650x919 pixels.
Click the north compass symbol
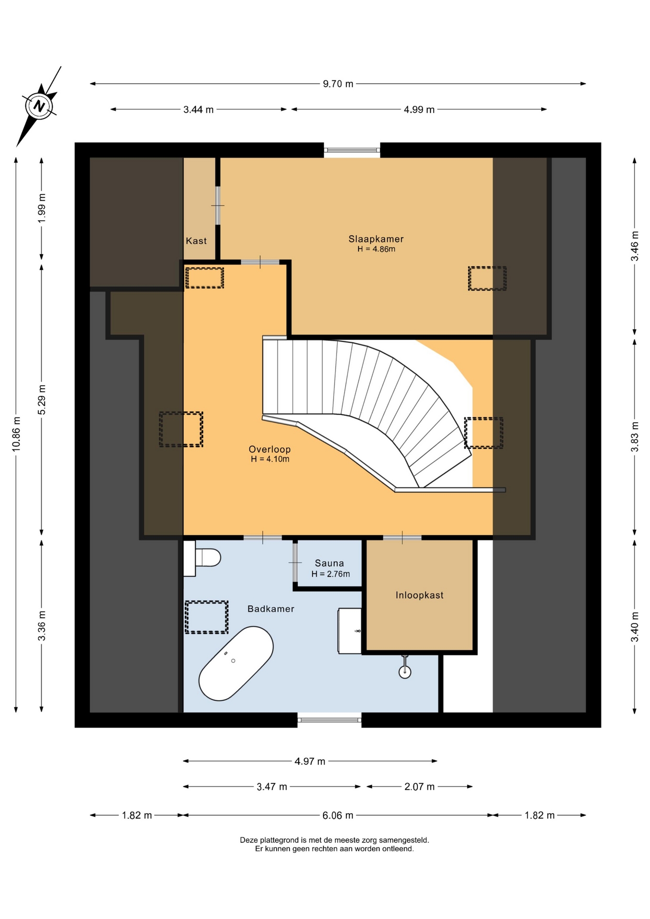(39, 106)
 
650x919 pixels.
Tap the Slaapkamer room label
(376, 239)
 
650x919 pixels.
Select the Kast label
(196, 241)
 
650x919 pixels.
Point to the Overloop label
(269, 449)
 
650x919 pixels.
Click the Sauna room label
(329, 563)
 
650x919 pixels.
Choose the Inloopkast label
(419, 595)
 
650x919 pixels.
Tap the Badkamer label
(271, 609)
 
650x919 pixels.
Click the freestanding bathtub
(236, 663)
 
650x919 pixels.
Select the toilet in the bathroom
(202, 558)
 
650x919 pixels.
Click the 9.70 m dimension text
(338, 84)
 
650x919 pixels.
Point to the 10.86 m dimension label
(16, 434)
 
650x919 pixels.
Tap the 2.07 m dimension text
(419, 786)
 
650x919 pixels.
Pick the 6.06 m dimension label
(338, 815)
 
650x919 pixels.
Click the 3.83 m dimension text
(635, 437)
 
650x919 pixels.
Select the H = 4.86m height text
(376, 249)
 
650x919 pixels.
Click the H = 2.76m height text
(331, 574)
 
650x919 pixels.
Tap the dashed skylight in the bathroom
(206, 617)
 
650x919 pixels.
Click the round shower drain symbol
(405, 672)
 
